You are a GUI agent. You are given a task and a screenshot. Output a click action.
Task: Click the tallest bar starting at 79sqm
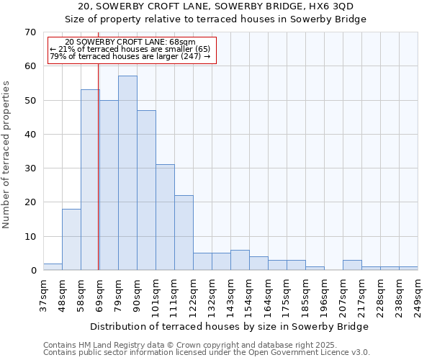pos(127,173)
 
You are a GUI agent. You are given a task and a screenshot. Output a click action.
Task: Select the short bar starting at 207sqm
pos(352,265)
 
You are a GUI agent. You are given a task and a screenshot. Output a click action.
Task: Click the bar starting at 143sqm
pos(240,260)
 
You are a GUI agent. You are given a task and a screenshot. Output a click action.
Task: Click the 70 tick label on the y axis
pos(30,32)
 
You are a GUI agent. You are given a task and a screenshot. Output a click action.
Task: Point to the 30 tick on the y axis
pos(30,168)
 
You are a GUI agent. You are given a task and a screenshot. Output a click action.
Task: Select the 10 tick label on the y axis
pos(30,237)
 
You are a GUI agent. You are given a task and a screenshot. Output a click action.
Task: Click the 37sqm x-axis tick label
pos(43,294)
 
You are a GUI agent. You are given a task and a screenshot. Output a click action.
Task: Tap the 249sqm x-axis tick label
pos(418,294)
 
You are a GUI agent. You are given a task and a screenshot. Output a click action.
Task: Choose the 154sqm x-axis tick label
pos(249,294)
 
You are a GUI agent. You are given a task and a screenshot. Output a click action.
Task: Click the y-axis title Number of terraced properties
pos(7,155)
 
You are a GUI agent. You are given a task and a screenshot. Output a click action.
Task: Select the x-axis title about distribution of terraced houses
pos(230,326)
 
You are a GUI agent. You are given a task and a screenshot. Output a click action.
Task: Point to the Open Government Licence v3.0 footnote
pos(207,352)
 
